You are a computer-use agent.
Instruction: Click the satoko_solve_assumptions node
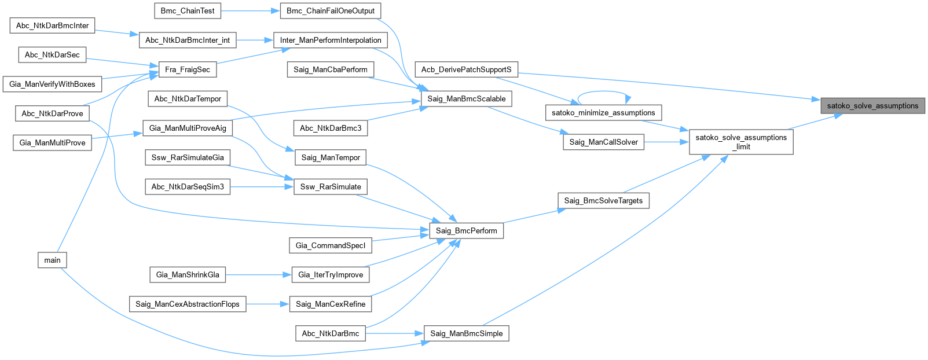(x=872, y=106)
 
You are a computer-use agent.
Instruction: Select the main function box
(x=52, y=260)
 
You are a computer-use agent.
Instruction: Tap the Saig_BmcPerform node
(x=466, y=230)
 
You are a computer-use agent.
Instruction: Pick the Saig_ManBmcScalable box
(x=466, y=99)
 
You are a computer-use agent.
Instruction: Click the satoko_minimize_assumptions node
(x=603, y=113)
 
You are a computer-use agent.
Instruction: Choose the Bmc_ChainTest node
(x=188, y=11)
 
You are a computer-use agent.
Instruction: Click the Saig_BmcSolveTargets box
(x=603, y=201)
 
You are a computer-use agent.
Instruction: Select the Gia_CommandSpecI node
(x=331, y=245)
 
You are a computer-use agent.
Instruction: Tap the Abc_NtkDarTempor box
(x=188, y=99)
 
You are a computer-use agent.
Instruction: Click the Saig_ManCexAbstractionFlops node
(x=188, y=304)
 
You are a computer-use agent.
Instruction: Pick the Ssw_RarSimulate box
(x=331, y=186)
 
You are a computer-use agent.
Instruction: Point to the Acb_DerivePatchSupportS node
(x=466, y=69)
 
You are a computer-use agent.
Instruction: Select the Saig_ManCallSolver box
(x=603, y=142)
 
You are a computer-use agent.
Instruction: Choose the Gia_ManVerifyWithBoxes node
(x=52, y=84)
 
